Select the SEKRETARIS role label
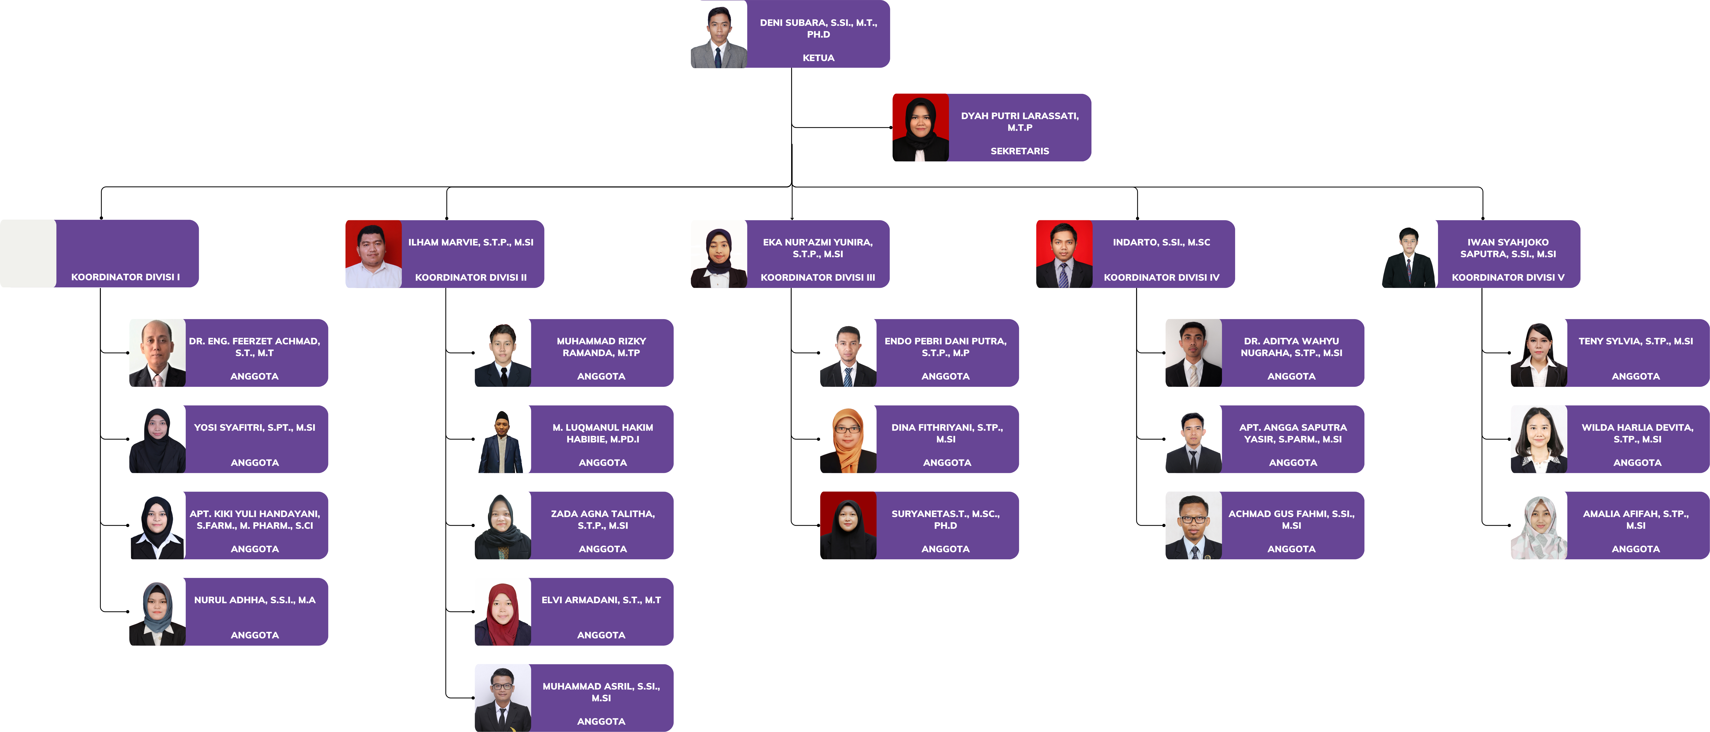pos(1020,151)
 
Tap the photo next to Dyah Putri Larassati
pos(921,128)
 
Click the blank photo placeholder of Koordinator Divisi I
pos(28,254)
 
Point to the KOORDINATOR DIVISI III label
pos(818,277)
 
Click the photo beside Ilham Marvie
pos(374,254)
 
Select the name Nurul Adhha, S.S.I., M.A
pos(255,600)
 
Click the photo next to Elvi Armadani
pos(503,612)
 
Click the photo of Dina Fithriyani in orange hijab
pos(848,439)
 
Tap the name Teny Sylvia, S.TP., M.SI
pos(1636,341)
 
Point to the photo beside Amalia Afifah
pos(1539,525)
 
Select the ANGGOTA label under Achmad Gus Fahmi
pos(1291,549)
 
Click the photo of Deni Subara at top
pos(719,34)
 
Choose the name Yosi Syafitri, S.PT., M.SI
pos(255,427)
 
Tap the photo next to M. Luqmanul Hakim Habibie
pos(503,439)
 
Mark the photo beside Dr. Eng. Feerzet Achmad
pos(157,353)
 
